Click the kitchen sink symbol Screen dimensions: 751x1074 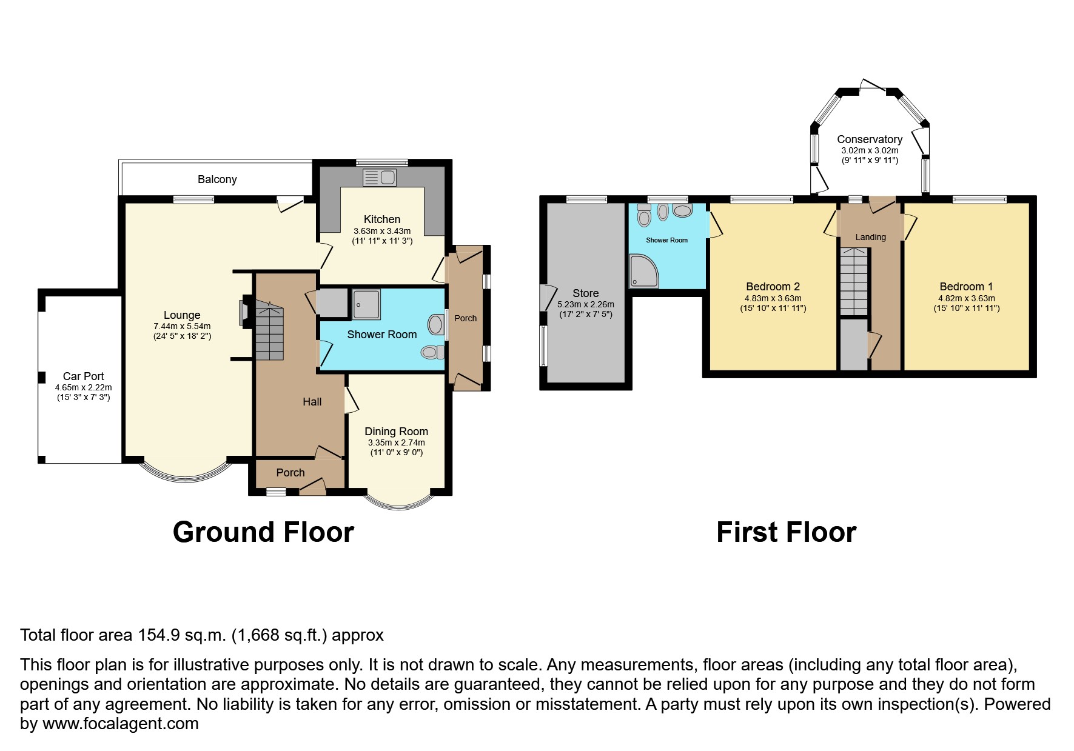click(380, 177)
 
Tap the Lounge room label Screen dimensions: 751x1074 click(182, 315)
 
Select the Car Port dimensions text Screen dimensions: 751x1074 click(84, 392)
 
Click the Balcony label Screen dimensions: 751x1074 click(217, 179)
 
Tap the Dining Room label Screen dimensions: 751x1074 click(396, 432)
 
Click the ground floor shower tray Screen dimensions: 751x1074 click(368, 304)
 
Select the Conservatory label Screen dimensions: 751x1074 click(870, 139)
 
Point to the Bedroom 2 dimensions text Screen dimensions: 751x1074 click(773, 303)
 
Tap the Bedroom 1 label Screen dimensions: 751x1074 click(966, 287)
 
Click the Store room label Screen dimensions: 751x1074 click(585, 293)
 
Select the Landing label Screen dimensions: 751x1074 click(870, 237)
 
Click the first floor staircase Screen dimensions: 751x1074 click(854, 282)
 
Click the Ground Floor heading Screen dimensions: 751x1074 click(263, 532)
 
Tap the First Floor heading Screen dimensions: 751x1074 click(786, 532)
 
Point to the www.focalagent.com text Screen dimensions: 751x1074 click(120, 724)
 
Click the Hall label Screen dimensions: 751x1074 click(312, 402)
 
